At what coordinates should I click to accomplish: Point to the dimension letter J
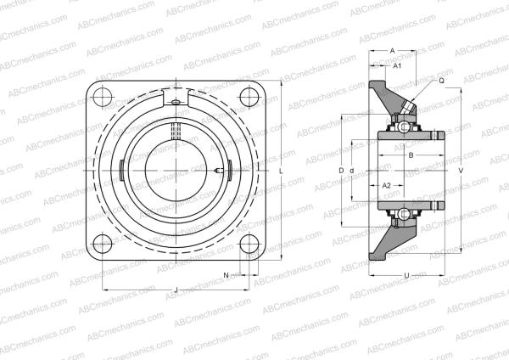click(x=176, y=291)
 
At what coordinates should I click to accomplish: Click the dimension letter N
click(x=227, y=275)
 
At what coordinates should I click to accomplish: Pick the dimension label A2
click(x=386, y=185)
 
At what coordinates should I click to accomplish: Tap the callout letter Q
click(x=441, y=81)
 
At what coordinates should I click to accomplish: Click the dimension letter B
click(x=411, y=155)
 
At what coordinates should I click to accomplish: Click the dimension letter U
click(x=407, y=275)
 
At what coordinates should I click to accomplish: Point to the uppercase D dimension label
click(x=341, y=171)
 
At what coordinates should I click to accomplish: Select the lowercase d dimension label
click(x=351, y=171)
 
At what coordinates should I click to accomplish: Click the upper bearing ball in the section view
click(x=399, y=127)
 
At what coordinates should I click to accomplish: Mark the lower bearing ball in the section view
click(x=399, y=213)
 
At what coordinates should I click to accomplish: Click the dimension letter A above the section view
click(x=393, y=50)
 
